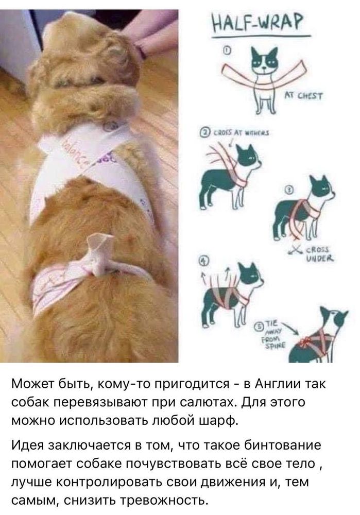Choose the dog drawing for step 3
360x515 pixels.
coord(304,206)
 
